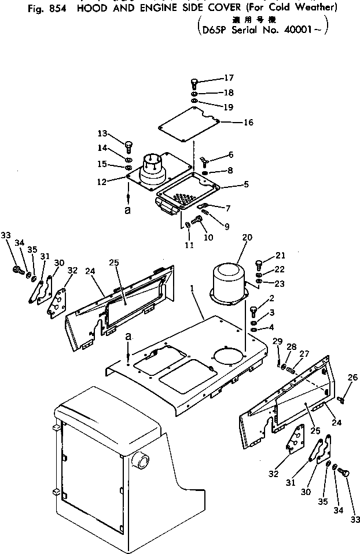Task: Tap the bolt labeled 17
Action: coord(194,83)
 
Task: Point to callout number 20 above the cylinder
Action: coord(248,238)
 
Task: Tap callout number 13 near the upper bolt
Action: coord(102,133)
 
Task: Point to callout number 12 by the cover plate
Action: coord(102,182)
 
